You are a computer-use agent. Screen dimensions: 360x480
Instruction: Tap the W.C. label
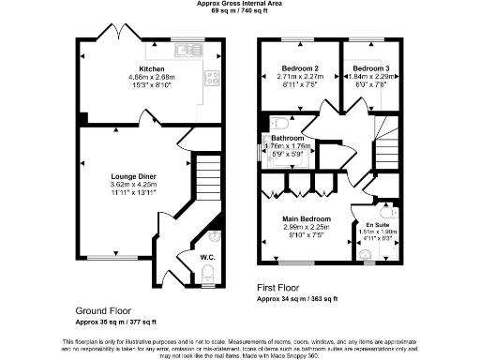(207, 256)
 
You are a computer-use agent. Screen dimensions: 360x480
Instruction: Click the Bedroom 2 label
(301, 68)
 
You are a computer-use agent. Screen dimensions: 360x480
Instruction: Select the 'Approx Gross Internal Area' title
(239, 5)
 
